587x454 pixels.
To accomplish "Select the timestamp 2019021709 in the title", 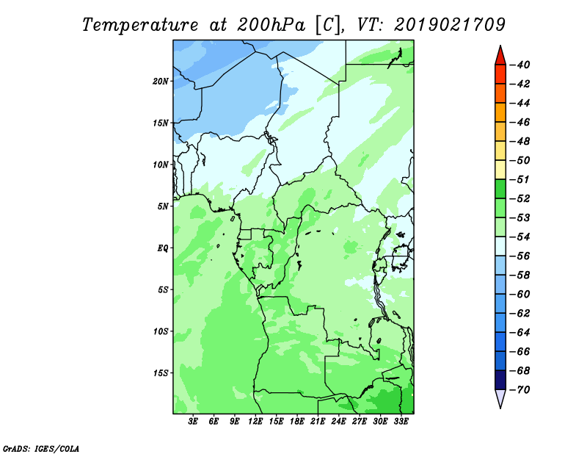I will click(x=449, y=24).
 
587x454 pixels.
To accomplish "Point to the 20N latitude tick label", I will click(x=161, y=81).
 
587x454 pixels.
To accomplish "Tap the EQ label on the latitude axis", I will click(x=164, y=248).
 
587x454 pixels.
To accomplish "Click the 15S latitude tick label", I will click(x=161, y=372).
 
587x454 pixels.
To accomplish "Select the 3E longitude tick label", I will click(x=194, y=422).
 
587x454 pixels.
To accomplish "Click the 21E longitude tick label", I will click(x=318, y=422).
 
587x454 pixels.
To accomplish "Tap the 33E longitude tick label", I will click(x=401, y=422).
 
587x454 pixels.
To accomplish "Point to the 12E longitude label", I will click(x=255, y=422).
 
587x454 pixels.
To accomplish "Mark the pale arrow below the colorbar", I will click(x=500, y=399).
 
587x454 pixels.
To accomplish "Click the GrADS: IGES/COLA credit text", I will click(x=32, y=447).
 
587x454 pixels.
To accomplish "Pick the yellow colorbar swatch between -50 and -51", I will click(x=500, y=170).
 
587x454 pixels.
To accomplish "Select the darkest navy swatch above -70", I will click(x=500, y=380).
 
